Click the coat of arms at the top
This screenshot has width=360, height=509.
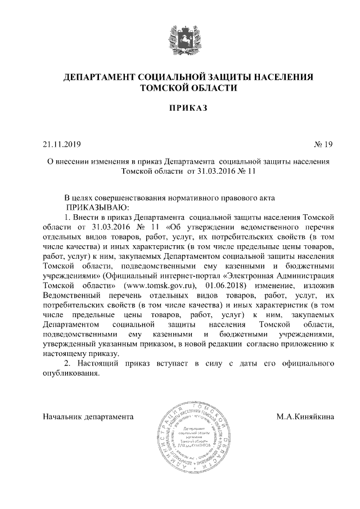coord(179,38)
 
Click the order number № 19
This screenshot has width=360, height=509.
coord(323,145)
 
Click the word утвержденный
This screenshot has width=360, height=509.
coord(71,344)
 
